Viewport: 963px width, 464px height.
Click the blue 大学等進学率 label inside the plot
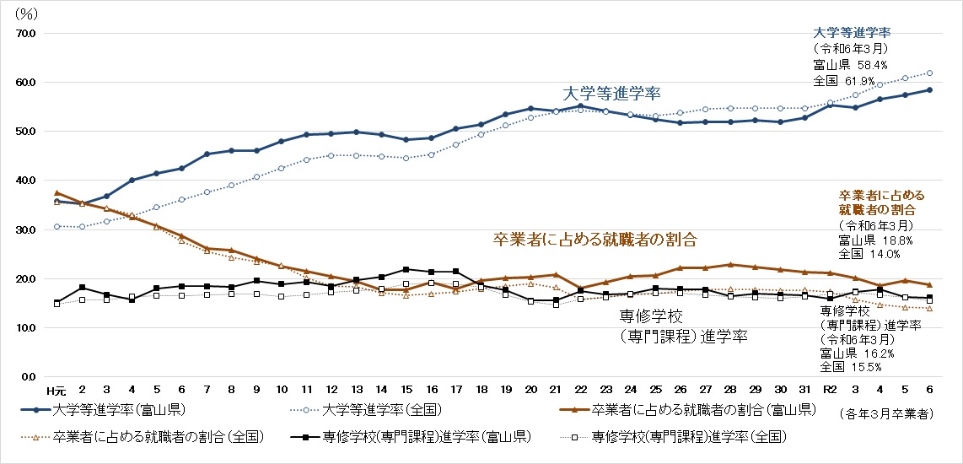point(611,93)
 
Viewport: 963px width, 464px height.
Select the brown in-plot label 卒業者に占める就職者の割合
point(595,240)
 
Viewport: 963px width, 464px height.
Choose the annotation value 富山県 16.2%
point(849,354)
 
